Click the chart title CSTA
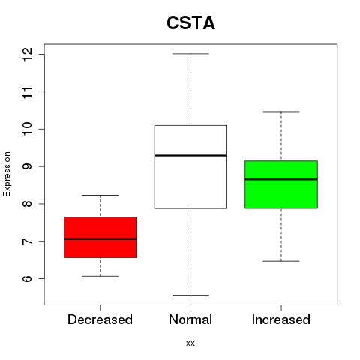point(190,23)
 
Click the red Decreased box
point(100,237)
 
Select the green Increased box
point(281,184)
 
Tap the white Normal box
point(190,167)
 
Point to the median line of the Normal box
point(190,155)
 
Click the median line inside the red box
point(100,239)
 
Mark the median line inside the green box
point(281,179)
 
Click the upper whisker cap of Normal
point(190,54)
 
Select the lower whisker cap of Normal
point(190,295)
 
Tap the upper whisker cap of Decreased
point(100,195)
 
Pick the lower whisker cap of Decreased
point(100,276)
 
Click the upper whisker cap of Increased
point(281,112)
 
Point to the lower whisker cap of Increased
point(281,261)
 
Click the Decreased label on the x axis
point(100,319)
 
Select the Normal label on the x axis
point(190,319)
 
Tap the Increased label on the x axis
point(281,319)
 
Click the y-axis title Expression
point(7,174)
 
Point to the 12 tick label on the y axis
point(28,54)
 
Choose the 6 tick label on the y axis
point(28,278)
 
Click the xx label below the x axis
point(190,343)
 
